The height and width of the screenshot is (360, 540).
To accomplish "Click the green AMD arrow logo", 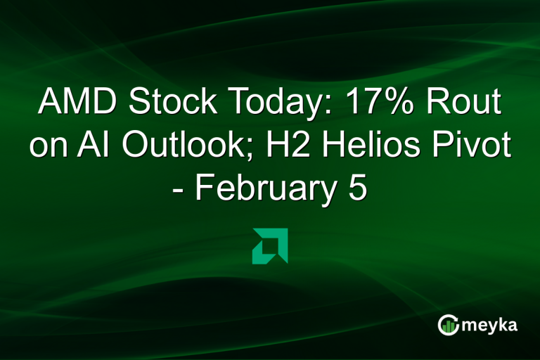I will pos(270,246).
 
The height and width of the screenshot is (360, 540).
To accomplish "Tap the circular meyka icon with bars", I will pos(449,325).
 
